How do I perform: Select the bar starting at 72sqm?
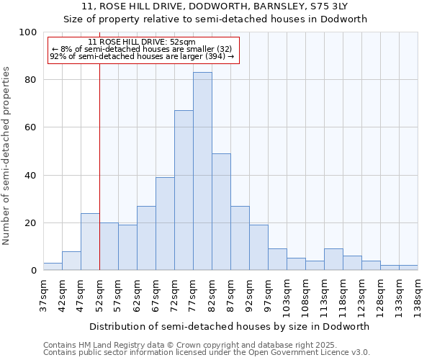[x=184, y=190]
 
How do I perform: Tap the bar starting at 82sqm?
[x=221, y=212]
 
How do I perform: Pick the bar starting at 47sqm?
[x=90, y=242]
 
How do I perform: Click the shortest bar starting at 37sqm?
[x=53, y=266]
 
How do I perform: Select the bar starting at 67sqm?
[x=165, y=224]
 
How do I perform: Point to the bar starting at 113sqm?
[x=333, y=259]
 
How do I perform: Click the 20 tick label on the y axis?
[x=30, y=223]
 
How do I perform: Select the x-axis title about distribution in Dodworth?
[x=230, y=326]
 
